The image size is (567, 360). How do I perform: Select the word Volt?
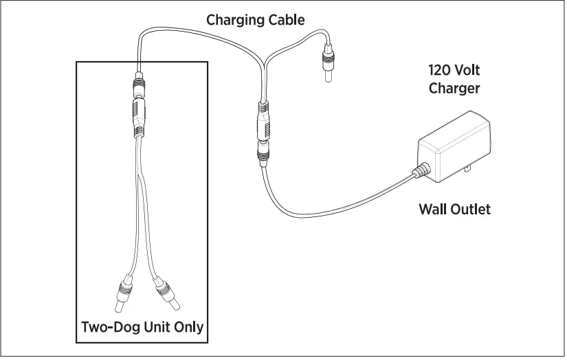pos(469,70)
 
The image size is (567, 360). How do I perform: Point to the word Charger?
pos(454,88)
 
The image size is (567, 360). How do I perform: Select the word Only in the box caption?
pos(190,326)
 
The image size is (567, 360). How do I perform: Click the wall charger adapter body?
pos(456,147)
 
